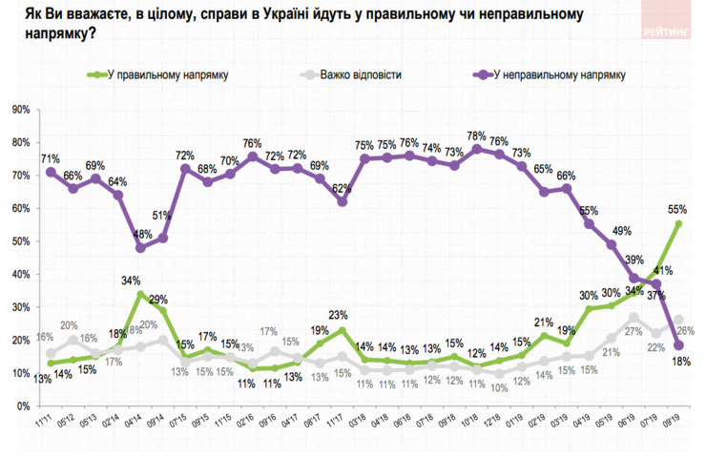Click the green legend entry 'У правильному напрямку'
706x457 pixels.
tap(162, 74)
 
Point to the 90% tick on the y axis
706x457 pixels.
tap(18, 110)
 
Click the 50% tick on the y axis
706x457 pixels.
tap(18, 241)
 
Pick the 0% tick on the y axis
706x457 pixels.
tap(21, 406)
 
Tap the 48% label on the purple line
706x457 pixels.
tap(140, 233)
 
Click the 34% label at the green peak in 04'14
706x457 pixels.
tap(132, 280)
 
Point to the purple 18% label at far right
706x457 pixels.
tap(679, 362)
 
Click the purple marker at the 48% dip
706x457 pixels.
tap(140, 247)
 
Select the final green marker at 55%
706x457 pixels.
tap(677, 224)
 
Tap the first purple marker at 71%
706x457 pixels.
tap(49, 172)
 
